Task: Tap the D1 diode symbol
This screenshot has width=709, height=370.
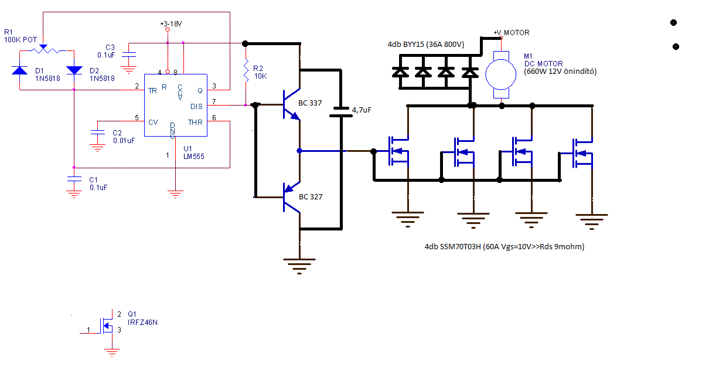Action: [20, 70]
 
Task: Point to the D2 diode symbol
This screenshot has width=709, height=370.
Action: [74, 70]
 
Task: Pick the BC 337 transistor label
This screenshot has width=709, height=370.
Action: [311, 103]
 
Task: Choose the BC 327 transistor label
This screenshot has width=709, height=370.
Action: [311, 197]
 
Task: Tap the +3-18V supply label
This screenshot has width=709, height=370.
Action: [171, 23]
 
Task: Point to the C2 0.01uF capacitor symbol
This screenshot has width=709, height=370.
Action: [96, 136]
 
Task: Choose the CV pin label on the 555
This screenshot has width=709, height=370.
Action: [153, 122]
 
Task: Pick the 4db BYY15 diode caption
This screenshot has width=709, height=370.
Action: [425, 45]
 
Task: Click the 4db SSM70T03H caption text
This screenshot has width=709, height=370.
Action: [504, 247]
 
